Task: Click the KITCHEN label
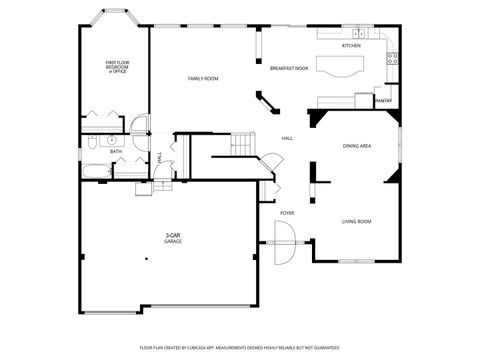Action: click(351, 46)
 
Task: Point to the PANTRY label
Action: click(382, 101)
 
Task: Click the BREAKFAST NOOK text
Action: click(288, 68)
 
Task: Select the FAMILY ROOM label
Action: click(204, 78)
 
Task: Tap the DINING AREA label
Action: click(357, 146)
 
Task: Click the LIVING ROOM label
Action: click(357, 221)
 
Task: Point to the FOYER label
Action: click(287, 213)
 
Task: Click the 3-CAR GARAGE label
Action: click(173, 238)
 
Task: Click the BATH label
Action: click(116, 151)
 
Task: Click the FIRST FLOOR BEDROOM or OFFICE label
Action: click(118, 67)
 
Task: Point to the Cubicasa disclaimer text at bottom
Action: click(239, 347)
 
